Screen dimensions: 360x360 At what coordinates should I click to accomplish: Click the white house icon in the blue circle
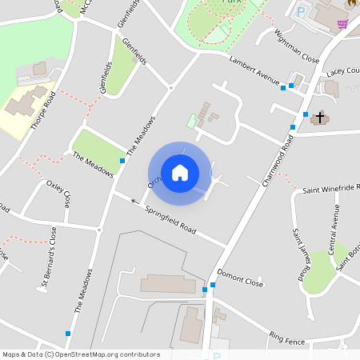(179, 172)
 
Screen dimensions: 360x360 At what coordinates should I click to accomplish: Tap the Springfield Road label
(170, 218)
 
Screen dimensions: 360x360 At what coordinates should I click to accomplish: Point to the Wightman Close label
(297, 46)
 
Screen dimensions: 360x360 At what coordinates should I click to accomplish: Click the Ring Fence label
(287, 338)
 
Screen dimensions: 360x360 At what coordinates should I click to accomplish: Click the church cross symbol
(320, 118)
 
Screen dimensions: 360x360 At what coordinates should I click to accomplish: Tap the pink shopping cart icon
(342, 23)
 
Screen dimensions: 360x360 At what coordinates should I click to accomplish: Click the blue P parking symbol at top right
(301, 12)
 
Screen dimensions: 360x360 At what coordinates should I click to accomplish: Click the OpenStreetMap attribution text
(81, 354)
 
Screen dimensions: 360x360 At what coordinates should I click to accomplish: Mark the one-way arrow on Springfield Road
(134, 201)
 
